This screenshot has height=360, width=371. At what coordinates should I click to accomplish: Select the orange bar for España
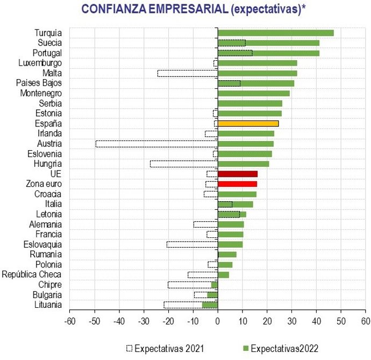pos(248,123)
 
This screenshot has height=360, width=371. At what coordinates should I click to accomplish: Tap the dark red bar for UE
pos(237,174)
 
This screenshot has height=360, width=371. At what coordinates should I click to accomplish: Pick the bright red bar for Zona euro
pos(237,184)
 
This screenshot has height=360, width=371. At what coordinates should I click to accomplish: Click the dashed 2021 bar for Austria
pos(156,144)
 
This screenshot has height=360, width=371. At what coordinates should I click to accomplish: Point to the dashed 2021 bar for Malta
pos(187,73)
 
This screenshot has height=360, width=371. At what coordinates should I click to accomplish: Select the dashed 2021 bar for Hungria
pos(183,164)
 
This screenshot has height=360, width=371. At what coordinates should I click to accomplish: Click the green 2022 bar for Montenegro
pos(253,93)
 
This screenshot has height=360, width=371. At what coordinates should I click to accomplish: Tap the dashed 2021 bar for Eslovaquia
pos(192,244)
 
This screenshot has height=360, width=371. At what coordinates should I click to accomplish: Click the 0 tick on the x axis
pos(218,321)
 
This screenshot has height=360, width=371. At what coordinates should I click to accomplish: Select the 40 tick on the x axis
pos(316,321)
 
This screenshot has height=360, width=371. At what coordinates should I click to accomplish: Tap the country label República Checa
pos(32,274)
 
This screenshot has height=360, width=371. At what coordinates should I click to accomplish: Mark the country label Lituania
pos(47,305)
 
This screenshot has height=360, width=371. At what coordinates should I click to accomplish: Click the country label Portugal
pos(47,53)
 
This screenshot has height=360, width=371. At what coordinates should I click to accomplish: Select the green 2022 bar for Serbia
pos(249,103)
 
